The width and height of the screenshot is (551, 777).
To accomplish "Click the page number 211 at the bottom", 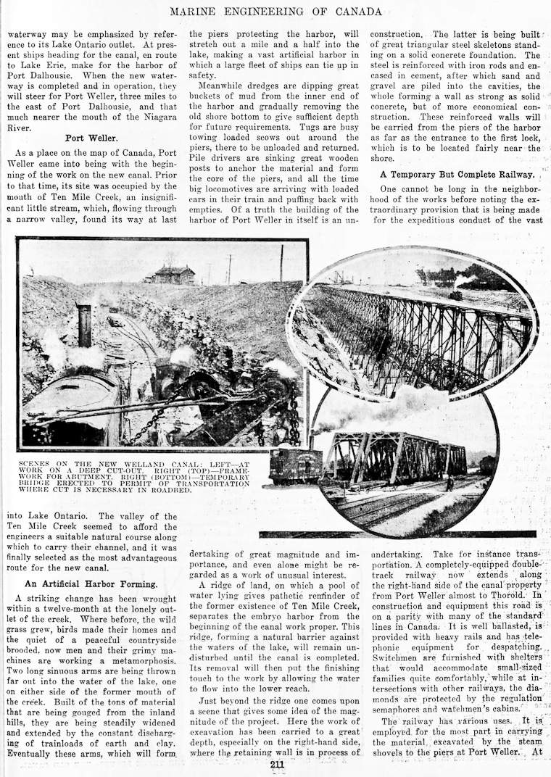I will tap(276, 763).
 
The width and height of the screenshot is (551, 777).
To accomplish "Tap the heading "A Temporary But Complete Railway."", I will tap(456, 174).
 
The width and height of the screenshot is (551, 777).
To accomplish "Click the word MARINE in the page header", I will tap(197, 12).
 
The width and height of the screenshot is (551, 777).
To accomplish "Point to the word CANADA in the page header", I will tap(355, 12).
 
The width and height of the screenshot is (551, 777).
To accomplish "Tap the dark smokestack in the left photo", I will tap(84, 325).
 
